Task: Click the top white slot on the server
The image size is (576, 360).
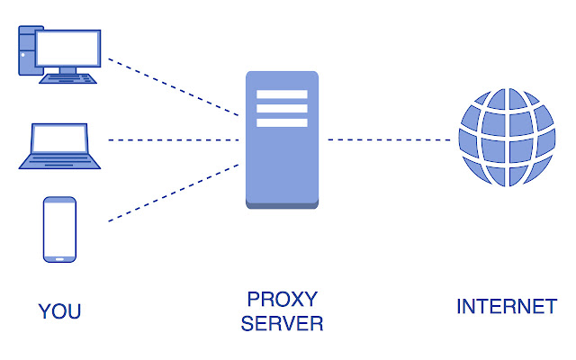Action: point(282,94)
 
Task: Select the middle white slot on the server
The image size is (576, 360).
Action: point(282,109)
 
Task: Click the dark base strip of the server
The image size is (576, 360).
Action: point(282,205)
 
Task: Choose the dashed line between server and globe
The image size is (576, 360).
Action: point(389,140)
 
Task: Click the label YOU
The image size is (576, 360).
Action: point(59,311)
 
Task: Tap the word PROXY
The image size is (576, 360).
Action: point(282,300)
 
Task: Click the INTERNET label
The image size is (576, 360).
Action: point(507,307)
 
